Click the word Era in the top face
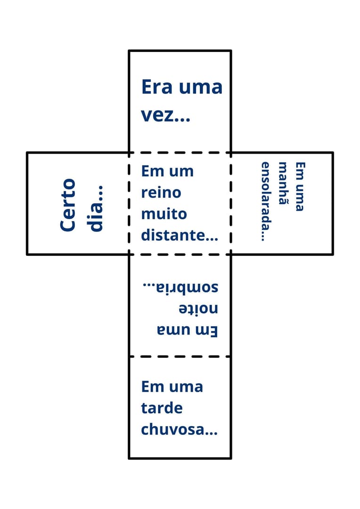[155, 88]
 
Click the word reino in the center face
[161, 192]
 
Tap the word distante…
[180, 235]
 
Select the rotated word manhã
[283, 184]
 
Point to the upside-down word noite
[198, 309]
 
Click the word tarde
[162, 408]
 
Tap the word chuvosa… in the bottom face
[180, 430]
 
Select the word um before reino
[181, 171]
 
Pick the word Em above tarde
[152, 386]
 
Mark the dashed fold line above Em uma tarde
[180, 356]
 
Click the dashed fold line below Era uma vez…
[180, 152]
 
